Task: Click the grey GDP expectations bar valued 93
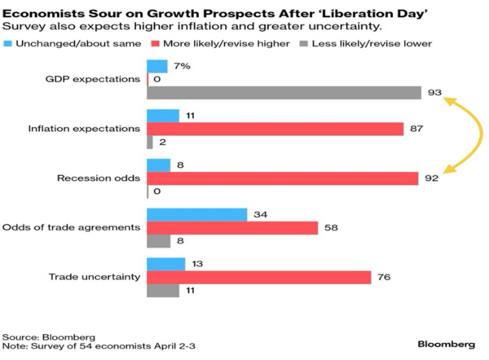tap(284, 93)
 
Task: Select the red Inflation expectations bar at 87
tap(275, 129)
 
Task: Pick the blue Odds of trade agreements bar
tap(196, 214)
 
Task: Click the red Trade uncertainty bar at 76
tap(258, 277)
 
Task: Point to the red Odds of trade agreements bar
tap(232, 227)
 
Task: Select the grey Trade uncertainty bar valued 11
tap(162, 290)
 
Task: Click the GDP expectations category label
tap(94, 80)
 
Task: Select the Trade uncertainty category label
tap(97, 277)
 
